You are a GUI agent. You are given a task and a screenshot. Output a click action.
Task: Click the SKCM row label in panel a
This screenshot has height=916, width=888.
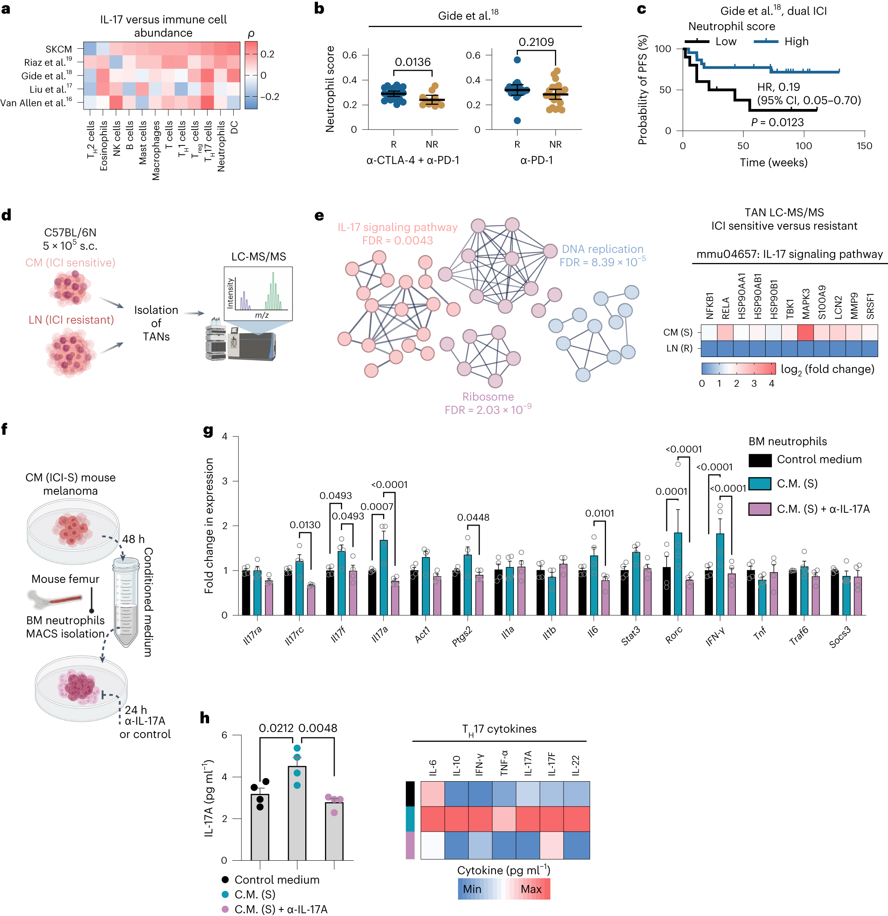pyautogui.click(x=59, y=49)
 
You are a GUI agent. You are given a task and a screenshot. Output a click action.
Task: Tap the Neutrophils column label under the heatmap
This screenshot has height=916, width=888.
pyautogui.click(x=221, y=146)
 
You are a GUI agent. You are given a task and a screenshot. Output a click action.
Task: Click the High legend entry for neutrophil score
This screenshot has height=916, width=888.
pyautogui.click(x=796, y=42)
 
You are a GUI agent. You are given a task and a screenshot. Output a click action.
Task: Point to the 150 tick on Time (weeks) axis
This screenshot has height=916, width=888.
pyautogui.click(x=864, y=146)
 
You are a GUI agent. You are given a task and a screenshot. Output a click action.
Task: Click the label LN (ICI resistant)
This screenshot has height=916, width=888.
pyautogui.click(x=71, y=320)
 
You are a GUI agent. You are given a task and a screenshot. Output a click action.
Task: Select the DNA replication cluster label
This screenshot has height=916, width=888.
pyautogui.click(x=602, y=249)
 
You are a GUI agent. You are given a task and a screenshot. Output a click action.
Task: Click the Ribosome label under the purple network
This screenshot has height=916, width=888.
pyautogui.click(x=487, y=397)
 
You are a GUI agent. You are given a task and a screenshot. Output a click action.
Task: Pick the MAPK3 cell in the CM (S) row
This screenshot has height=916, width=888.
pyautogui.click(x=805, y=332)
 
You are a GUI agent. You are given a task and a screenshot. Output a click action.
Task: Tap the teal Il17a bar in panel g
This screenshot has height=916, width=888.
pyautogui.click(x=383, y=577)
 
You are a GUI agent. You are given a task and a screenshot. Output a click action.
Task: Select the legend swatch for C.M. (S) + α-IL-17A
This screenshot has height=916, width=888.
pyautogui.click(x=759, y=509)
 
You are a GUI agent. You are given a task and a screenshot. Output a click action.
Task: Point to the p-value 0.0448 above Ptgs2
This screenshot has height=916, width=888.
pyautogui.click(x=473, y=517)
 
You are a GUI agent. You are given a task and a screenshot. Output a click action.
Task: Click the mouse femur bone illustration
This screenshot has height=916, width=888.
pyautogui.click(x=55, y=599)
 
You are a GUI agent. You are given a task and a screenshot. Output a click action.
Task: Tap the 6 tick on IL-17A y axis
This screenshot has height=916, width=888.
pyautogui.click(x=224, y=735)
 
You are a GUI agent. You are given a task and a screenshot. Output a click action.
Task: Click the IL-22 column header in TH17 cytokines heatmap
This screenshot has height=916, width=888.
pyautogui.click(x=575, y=766)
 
